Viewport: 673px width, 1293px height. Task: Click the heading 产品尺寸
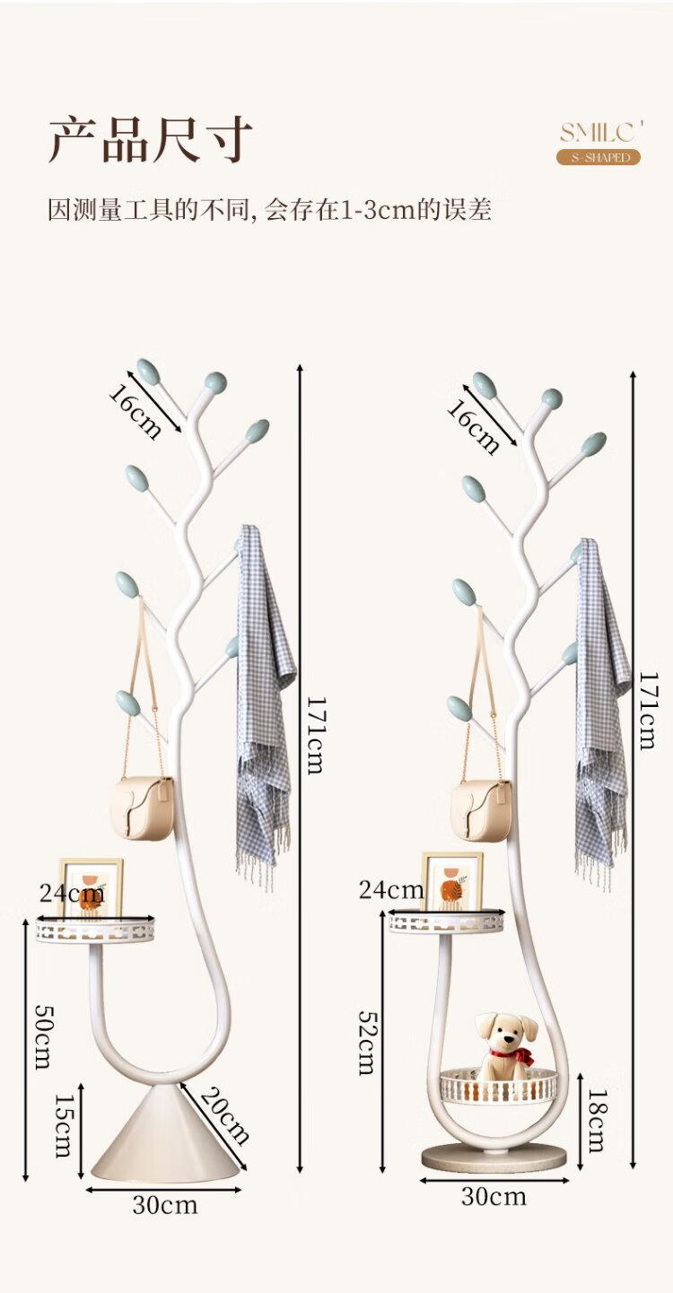tap(150, 139)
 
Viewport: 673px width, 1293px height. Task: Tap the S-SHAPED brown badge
tap(599, 157)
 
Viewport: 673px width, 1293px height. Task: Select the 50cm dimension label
tap(45, 1036)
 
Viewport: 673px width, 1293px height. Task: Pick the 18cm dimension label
tap(597, 1121)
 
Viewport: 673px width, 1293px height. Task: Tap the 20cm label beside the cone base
tap(224, 1115)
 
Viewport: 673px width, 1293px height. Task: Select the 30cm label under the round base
tap(494, 1197)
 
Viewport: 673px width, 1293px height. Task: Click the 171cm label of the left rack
tap(316, 735)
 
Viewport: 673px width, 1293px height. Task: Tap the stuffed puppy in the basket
tap(506, 1045)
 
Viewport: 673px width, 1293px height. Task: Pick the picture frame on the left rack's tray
tap(92, 887)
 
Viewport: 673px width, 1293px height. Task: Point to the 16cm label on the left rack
tap(135, 412)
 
